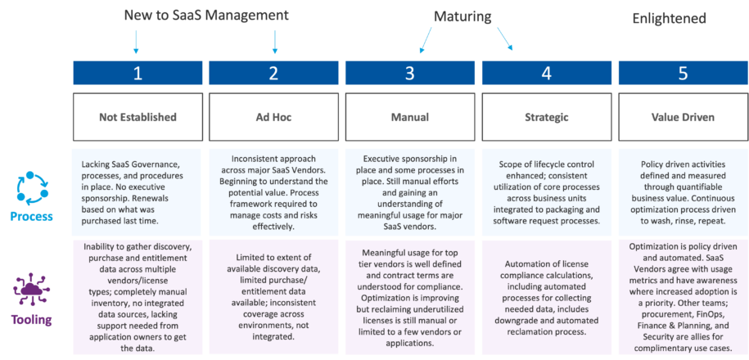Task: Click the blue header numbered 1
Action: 138,73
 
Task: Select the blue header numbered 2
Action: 273,73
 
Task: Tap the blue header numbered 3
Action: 409,73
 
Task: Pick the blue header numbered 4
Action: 546,73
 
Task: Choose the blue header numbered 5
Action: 683,73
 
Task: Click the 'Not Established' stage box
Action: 138,117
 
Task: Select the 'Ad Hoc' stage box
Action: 273,117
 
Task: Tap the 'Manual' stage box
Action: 409,117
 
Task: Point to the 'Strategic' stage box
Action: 546,117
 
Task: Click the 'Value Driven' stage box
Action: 683,117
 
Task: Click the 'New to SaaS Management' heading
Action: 205,15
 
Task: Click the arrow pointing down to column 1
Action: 137,41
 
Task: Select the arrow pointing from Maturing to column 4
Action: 503,40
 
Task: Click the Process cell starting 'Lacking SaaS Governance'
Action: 138,190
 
